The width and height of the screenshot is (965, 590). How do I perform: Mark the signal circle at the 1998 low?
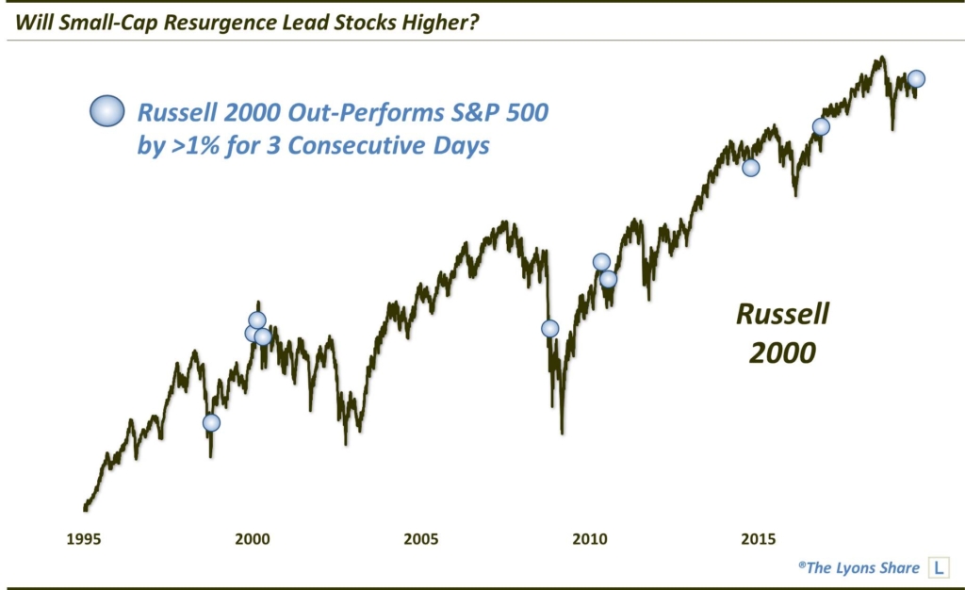click(x=211, y=422)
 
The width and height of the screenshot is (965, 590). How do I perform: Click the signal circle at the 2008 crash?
click(x=549, y=328)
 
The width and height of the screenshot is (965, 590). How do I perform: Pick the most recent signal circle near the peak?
click(x=916, y=79)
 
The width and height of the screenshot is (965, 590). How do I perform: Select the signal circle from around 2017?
click(x=821, y=126)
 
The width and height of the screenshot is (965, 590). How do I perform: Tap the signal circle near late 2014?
click(x=750, y=168)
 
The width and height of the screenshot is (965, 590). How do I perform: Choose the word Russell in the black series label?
click(x=782, y=315)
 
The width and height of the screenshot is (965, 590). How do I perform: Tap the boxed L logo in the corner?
click(x=939, y=567)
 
